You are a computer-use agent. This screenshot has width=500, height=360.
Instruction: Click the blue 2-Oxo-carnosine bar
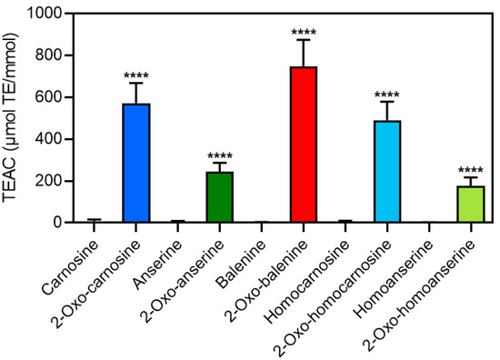tap(136, 164)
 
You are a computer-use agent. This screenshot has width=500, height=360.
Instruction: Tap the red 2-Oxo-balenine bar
tap(304, 145)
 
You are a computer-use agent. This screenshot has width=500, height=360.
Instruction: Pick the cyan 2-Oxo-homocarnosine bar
tap(387, 172)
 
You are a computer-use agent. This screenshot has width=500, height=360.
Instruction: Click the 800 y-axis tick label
tap(39, 56)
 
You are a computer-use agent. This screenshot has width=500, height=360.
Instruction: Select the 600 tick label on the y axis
tap(39, 98)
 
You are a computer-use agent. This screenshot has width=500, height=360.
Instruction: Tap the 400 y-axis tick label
tap(39, 140)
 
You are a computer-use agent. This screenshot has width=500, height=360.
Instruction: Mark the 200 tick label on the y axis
tap(39, 181)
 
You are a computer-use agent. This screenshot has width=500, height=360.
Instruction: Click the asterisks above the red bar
tap(304, 34)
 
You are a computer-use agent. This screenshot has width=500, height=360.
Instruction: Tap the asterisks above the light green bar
tap(471, 170)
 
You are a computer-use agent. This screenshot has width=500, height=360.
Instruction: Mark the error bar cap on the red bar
tap(304, 40)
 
